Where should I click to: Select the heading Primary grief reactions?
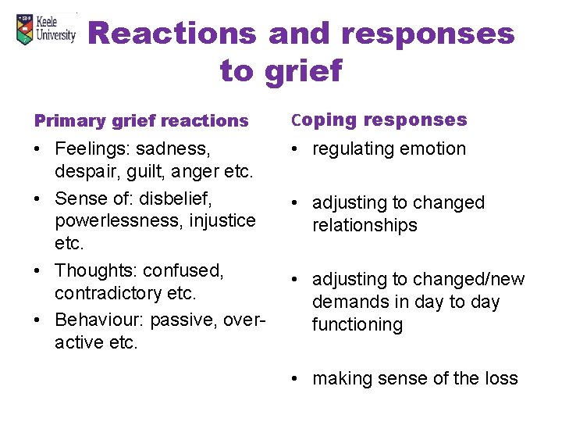point(140,120)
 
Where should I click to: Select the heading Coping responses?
point(379,120)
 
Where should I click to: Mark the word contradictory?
point(104,293)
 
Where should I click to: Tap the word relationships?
point(365,225)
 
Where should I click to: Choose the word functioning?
point(357,324)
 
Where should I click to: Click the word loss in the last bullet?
point(501,378)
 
